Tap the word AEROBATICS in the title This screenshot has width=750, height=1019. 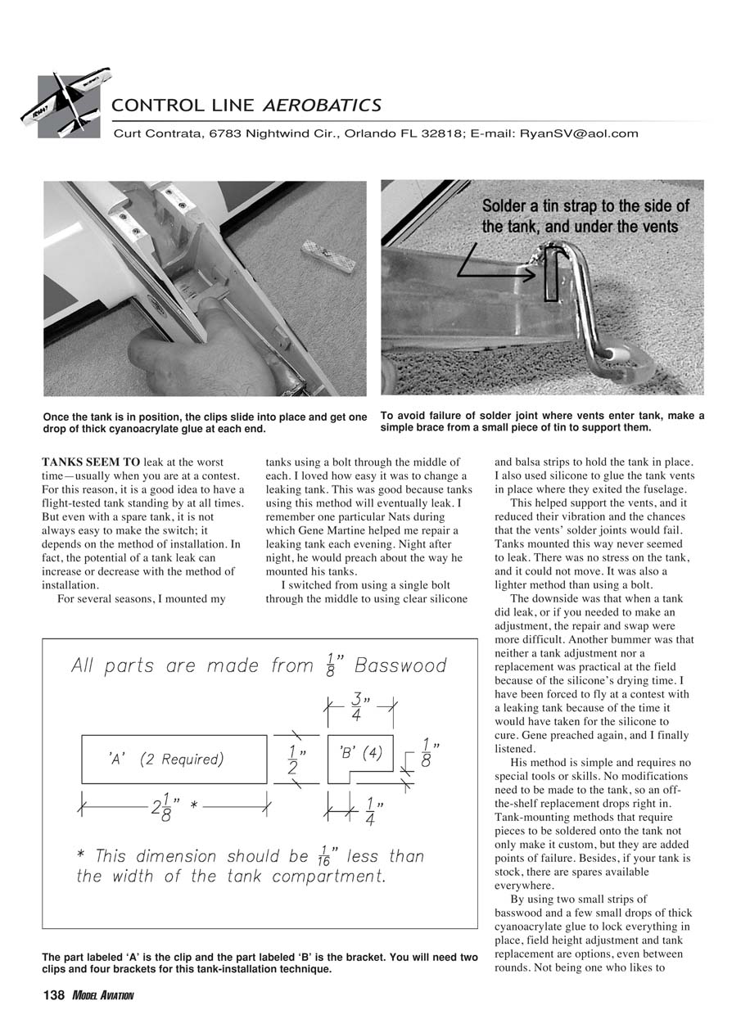pyautogui.click(x=322, y=105)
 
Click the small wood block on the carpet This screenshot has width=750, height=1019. pyautogui.click(x=328, y=255)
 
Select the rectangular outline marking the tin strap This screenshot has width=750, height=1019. pyautogui.click(x=553, y=273)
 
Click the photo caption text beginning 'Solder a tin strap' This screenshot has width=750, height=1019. pyautogui.click(x=585, y=216)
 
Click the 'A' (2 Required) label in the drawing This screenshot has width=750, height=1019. pyautogui.click(x=165, y=760)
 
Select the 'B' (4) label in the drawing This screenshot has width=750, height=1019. pyautogui.click(x=360, y=752)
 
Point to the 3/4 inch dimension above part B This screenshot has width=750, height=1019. pyautogui.click(x=358, y=707)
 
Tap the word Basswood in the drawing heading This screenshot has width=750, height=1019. pyautogui.click(x=400, y=665)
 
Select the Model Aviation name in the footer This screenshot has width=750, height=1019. pyautogui.click(x=102, y=996)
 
